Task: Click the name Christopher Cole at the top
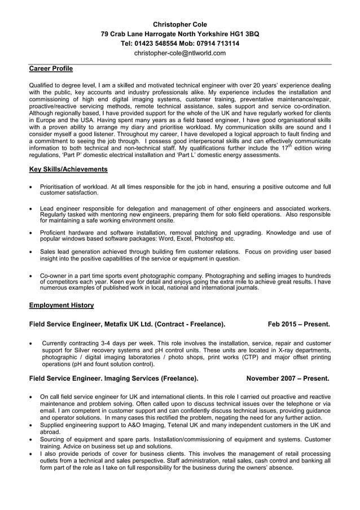click(x=180, y=24)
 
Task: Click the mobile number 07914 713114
click(x=217, y=43)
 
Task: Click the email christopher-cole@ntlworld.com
click(x=180, y=53)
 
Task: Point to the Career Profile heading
click(x=51, y=69)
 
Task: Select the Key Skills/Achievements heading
click(x=68, y=169)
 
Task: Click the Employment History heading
click(x=62, y=305)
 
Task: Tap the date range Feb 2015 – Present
click(x=298, y=324)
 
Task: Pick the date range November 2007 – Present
click(x=288, y=378)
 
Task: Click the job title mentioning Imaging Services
click(x=113, y=378)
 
